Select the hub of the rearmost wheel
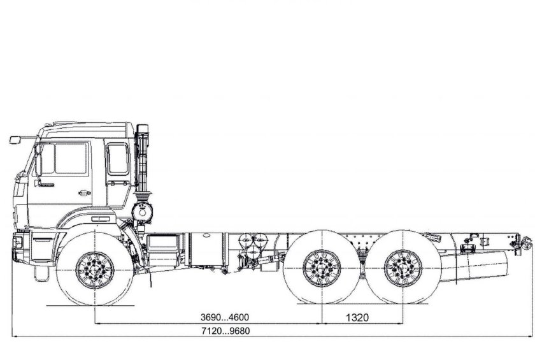pyautogui.click(x=403, y=267)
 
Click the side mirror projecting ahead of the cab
pyautogui.click(x=15, y=139)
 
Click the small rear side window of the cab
pyautogui.click(x=118, y=159)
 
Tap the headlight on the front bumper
pyautogui.click(x=19, y=241)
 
